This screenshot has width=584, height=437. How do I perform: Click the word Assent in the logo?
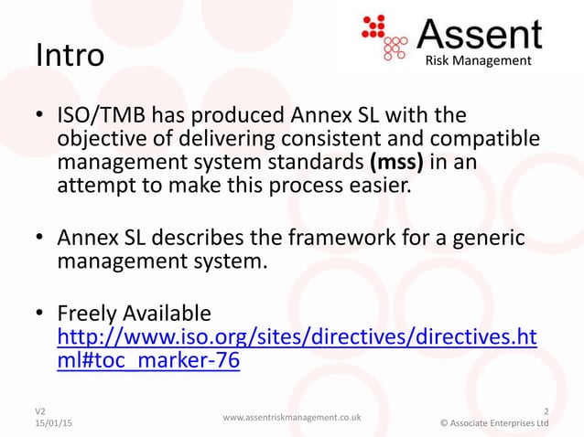[x=480, y=34]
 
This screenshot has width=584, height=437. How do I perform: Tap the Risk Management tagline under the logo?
[x=477, y=60]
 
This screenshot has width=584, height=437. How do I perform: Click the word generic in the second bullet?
[x=481, y=240]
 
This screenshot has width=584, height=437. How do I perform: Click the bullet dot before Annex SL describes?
[x=40, y=240]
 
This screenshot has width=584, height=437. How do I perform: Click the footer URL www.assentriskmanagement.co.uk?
[x=292, y=417]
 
